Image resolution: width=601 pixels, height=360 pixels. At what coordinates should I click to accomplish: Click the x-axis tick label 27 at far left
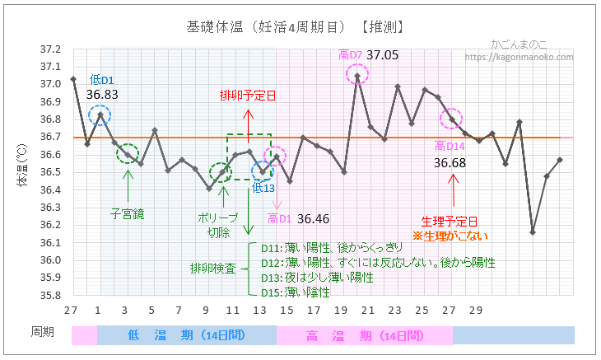[x=72, y=309]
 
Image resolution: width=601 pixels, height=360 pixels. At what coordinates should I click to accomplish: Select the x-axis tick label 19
[x=341, y=309]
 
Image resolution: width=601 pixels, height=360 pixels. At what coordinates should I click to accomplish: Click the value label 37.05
[x=383, y=55]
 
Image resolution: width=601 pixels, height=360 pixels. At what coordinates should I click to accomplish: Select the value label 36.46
[x=314, y=219]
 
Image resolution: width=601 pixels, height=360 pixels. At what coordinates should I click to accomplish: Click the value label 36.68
[x=450, y=164]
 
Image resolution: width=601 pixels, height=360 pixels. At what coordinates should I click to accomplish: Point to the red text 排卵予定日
[x=247, y=96]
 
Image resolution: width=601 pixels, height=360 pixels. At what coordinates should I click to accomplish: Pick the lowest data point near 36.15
[x=533, y=232]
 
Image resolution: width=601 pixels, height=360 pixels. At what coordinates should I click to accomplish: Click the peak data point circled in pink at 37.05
[x=357, y=76]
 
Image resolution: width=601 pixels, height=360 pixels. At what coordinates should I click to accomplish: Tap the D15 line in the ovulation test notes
[x=296, y=292]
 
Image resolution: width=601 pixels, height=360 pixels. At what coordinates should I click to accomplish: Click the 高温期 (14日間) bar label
[x=364, y=336]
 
